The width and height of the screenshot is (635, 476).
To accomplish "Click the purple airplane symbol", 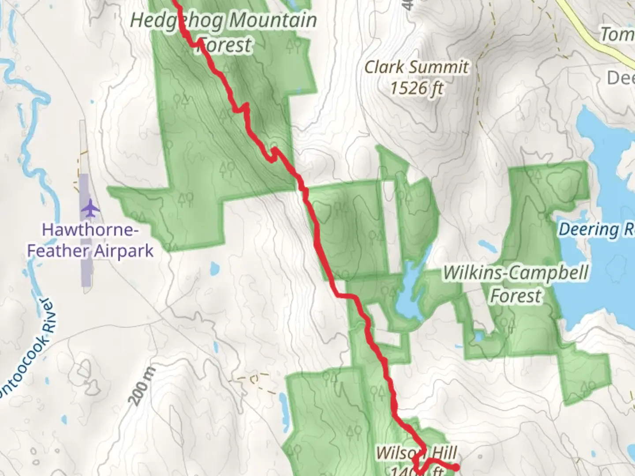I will pyautogui.click(x=90, y=208).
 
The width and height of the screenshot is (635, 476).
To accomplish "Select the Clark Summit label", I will pyautogui.click(x=416, y=67).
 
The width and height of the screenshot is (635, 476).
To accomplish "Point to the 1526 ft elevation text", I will pyautogui.click(x=416, y=88).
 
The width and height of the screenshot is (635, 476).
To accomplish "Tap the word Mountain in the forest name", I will pyautogui.click(x=273, y=20).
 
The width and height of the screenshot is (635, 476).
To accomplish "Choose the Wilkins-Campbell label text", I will pyautogui.click(x=515, y=272).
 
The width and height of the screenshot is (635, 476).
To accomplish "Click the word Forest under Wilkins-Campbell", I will pyautogui.click(x=515, y=295).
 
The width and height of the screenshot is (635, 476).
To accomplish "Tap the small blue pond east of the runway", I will pyautogui.click(x=215, y=268).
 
